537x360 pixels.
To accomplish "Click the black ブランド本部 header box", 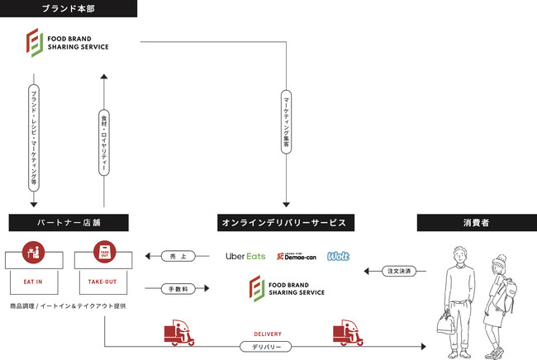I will pos(69,8).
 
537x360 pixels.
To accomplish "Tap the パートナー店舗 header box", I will pos(69,222).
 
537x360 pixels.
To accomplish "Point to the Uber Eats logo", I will pos(245,257).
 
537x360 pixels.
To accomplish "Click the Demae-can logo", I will pos(295,257).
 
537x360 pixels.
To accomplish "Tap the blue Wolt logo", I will pos(338,256).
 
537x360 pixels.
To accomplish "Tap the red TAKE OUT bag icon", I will pos(104,252).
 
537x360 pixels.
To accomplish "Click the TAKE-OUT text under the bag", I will pos(104,282).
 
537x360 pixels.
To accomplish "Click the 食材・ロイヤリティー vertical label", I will pos(104,140).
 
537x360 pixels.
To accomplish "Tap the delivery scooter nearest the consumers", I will pos(348,334).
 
